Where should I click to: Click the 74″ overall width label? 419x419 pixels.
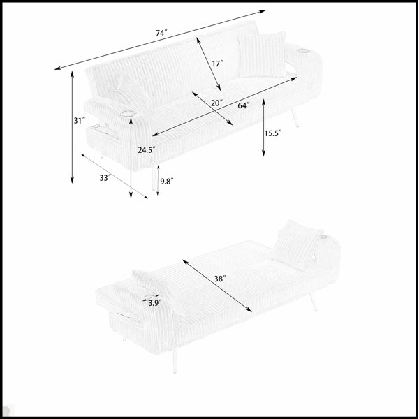click(x=161, y=33)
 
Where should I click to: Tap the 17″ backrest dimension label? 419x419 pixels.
click(x=217, y=64)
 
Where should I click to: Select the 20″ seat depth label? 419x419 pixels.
click(x=216, y=103)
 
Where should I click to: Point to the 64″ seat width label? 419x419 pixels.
click(x=244, y=105)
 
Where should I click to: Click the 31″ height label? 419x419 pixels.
click(x=80, y=121)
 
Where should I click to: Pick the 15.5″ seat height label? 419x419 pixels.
click(x=273, y=133)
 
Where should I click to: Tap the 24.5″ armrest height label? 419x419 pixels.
click(x=147, y=150)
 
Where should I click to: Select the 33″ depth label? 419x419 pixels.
click(x=105, y=177)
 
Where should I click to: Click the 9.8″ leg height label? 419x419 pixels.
click(x=167, y=182)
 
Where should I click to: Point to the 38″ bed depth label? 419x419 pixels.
click(x=220, y=279)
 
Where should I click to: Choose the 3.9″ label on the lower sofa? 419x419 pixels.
click(x=155, y=303)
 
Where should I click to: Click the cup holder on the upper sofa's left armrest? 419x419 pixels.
click(x=128, y=114)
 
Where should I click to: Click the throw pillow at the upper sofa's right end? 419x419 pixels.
click(x=262, y=54)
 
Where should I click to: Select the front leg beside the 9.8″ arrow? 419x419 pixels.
click(x=153, y=177)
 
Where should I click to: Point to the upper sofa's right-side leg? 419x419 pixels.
click(x=294, y=117)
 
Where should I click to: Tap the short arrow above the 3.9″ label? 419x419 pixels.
click(x=151, y=297)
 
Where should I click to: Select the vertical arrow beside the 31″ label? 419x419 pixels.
click(x=72, y=127)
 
